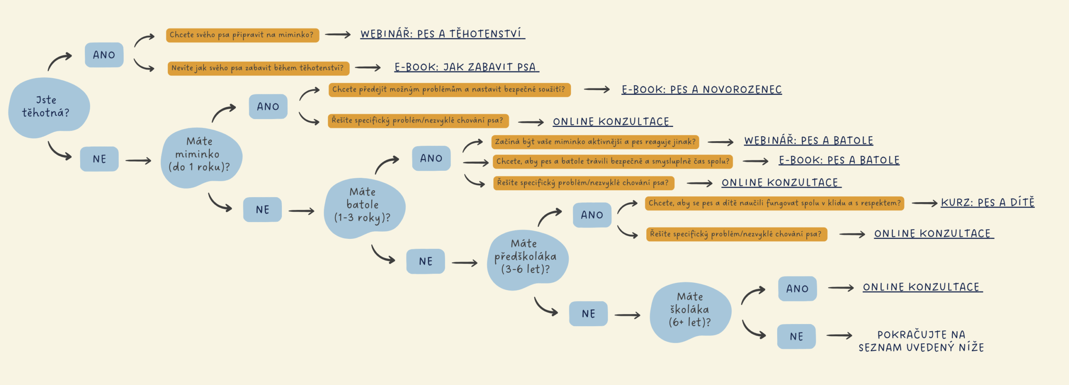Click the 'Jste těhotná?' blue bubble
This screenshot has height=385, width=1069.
point(49,107)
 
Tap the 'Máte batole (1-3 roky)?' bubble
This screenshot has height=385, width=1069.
point(364,208)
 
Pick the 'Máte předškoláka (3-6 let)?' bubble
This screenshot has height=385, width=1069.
point(527,260)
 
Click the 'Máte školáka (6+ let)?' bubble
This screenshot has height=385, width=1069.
point(690,312)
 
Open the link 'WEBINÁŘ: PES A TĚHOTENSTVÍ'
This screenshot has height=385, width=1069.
point(443,34)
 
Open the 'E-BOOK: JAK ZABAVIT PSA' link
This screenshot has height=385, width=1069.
point(466,67)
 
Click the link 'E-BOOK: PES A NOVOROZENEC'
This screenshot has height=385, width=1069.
point(702,89)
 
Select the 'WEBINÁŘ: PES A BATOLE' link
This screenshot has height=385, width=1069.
point(808,140)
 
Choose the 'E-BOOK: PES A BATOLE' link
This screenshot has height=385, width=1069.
point(839,160)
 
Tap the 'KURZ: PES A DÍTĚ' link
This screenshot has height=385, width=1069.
point(988,202)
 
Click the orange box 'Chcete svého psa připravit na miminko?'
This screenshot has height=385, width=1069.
point(242,35)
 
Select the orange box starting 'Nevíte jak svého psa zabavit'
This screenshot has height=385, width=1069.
point(258,68)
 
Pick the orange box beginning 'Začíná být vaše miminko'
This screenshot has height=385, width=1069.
point(595,142)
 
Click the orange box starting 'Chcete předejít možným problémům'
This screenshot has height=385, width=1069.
point(449,89)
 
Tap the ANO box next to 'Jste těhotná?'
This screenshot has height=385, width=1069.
point(104,55)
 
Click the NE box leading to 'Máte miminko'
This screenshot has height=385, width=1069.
point(99,159)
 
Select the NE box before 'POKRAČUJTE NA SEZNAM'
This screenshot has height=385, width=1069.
point(796,336)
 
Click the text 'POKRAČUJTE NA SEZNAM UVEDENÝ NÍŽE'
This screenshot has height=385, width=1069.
point(921,341)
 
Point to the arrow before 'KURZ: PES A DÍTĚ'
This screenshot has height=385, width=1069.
point(925,203)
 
